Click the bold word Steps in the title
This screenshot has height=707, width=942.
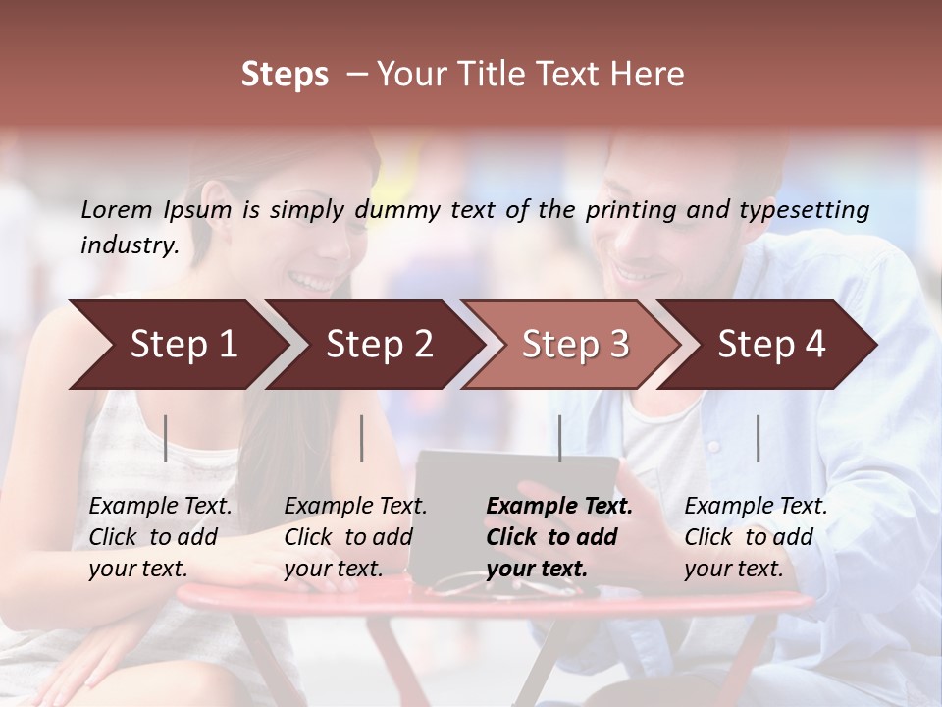coord(285,75)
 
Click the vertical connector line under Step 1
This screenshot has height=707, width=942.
coord(166,438)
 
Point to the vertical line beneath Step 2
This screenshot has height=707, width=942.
coord(362,438)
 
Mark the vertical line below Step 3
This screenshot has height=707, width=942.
coord(559,438)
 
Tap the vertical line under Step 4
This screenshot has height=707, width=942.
coord(758,438)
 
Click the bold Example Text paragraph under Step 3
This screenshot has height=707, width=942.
coord(558,537)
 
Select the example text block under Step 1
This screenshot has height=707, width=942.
coord(160,537)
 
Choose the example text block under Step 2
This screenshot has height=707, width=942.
coord(355,537)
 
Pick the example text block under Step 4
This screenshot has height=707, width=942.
coord(756,537)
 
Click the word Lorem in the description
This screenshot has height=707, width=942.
coord(116,210)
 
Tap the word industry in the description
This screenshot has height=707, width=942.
coord(129,245)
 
